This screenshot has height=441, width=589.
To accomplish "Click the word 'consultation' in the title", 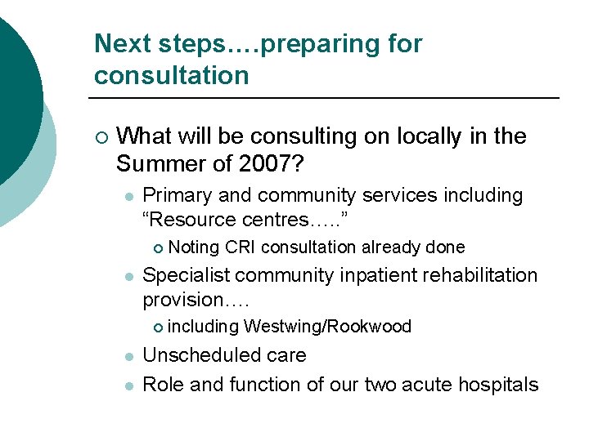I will click(171, 75).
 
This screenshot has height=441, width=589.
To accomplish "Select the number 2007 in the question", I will click(261, 163).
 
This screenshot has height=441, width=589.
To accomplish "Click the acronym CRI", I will click(241, 247).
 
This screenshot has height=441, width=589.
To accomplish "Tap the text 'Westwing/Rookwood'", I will click(327, 327).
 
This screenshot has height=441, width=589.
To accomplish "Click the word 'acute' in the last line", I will click(426, 384).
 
